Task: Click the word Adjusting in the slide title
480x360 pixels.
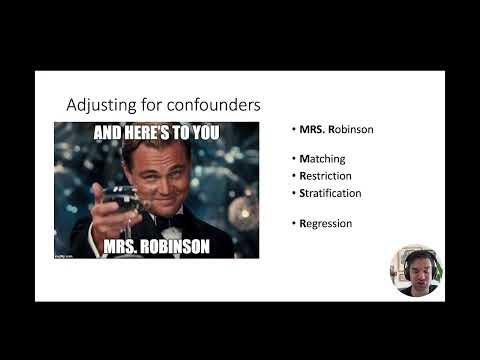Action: tap(95, 105)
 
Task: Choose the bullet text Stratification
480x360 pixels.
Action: tap(330, 193)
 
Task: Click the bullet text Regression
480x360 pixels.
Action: tap(325, 223)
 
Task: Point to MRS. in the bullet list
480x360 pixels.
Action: tap(311, 130)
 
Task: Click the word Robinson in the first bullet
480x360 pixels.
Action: tap(351, 130)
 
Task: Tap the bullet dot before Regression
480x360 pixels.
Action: tap(294, 223)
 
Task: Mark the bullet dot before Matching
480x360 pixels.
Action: tap(294, 159)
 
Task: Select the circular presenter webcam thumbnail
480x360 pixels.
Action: tap(416, 271)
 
